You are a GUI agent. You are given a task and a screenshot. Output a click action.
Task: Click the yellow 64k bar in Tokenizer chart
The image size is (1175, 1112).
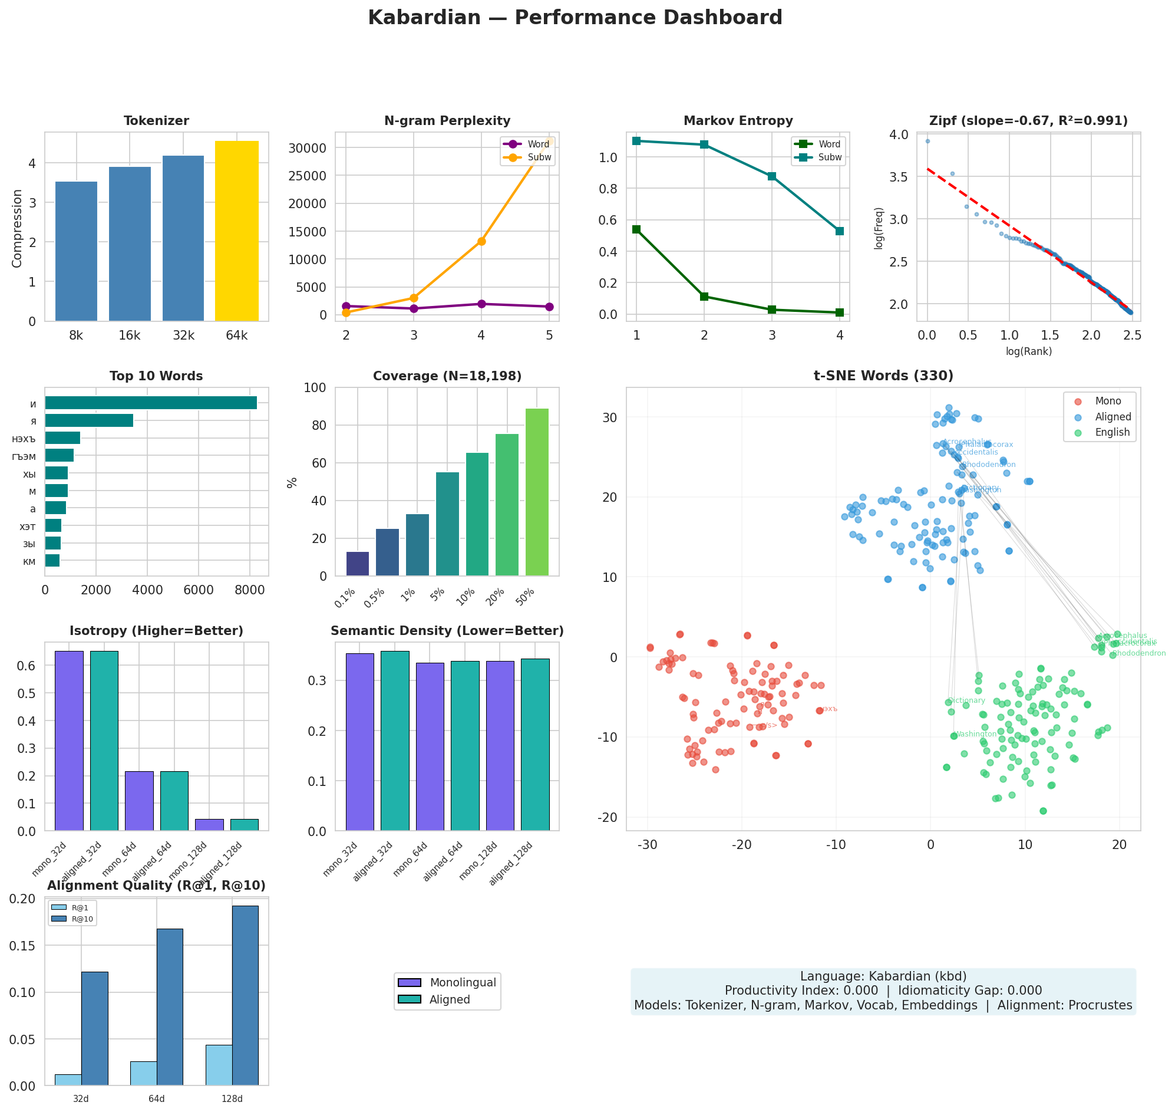pos(236,231)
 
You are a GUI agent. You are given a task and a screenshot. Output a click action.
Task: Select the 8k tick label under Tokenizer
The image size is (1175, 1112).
pos(76,336)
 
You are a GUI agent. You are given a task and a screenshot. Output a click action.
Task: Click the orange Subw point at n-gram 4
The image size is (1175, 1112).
pos(481,241)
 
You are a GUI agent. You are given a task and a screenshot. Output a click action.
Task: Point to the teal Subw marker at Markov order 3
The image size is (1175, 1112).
pos(771,177)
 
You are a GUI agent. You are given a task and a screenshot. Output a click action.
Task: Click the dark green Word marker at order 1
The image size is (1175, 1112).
pos(636,229)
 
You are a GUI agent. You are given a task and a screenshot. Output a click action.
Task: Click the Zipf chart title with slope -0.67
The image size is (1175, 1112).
pos(1028,121)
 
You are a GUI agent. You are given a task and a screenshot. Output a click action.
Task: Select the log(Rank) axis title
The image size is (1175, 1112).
pos(1029,351)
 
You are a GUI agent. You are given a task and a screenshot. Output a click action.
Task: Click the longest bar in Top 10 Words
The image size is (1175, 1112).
pos(150,403)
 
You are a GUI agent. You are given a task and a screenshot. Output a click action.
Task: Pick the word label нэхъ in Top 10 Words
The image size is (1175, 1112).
pos(25,439)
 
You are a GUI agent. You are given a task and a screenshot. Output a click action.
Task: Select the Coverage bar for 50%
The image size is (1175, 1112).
pos(537,492)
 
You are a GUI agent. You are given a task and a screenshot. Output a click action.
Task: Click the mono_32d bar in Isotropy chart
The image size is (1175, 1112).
pos(69,741)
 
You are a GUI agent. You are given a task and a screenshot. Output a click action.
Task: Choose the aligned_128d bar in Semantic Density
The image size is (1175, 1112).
pos(535,745)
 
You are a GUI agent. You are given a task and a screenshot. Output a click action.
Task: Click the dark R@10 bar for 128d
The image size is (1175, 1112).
pos(245,996)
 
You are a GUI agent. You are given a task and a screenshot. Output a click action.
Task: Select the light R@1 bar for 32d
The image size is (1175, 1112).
pos(68,1080)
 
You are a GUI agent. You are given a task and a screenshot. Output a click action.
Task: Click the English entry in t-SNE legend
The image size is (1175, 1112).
pos(1112,433)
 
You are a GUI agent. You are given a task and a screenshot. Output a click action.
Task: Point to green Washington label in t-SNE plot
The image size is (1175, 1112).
pos(975,735)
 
